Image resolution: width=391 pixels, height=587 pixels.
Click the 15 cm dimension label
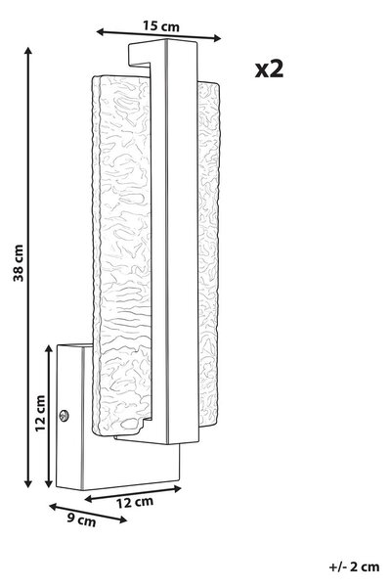click(x=161, y=26)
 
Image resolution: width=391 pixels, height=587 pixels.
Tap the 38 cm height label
click(x=19, y=263)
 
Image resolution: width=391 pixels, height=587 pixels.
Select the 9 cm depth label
click(x=81, y=520)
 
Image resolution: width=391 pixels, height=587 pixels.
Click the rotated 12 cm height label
click(x=40, y=413)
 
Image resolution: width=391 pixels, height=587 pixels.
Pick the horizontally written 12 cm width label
click(x=134, y=502)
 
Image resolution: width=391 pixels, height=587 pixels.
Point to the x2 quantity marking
click(x=269, y=69)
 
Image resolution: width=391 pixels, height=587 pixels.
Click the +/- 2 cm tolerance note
click(x=354, y=566)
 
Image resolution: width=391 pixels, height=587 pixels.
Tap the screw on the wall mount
click(x=64, y=415)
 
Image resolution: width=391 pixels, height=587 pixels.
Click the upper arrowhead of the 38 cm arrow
click(x=28, y=51)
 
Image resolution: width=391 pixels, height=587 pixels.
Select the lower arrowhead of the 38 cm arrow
click(x=28, y=483)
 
